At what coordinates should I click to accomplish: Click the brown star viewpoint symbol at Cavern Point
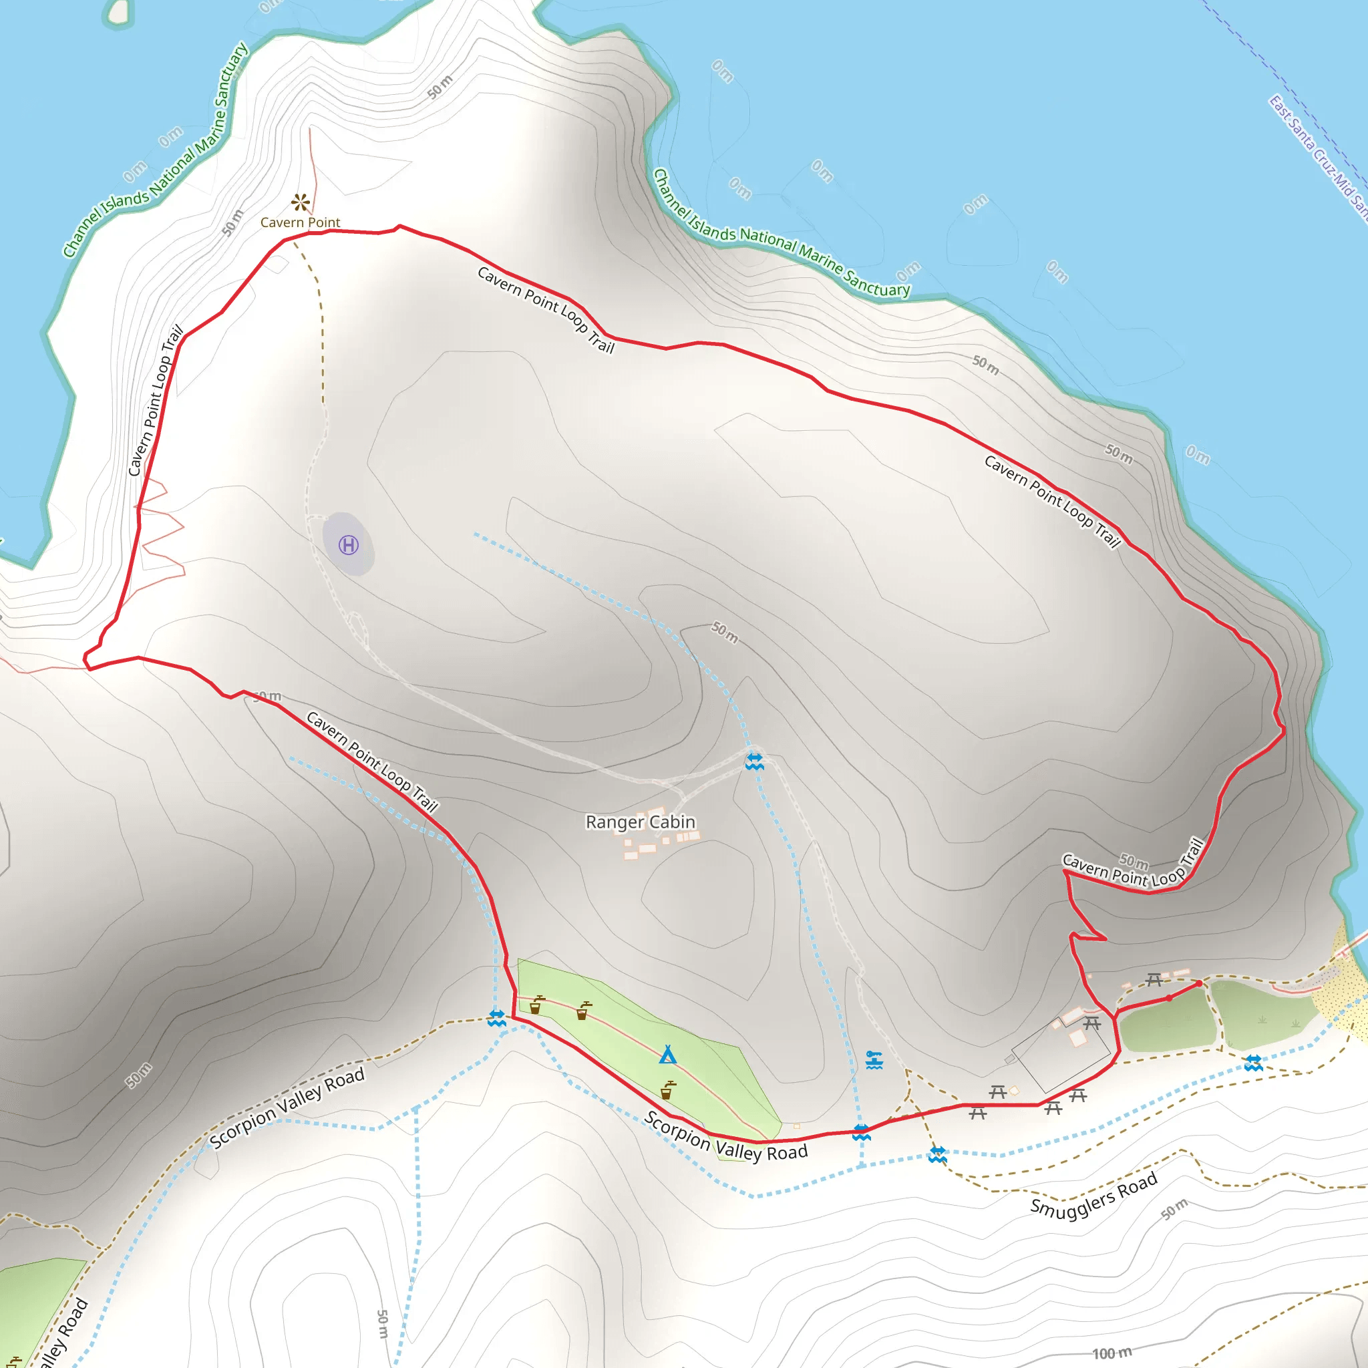[x=300, y=202]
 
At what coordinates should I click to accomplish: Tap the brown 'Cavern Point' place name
[x=300, y=222]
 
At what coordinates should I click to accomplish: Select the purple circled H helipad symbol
[x=349, y=544]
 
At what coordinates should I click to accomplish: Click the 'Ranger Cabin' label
[x=640, y=822]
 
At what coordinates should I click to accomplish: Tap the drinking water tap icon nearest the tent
[x=667, y=1089]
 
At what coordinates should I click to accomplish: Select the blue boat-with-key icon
[x=874, y=1060]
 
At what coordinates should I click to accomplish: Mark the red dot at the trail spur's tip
[x=1199, y=983]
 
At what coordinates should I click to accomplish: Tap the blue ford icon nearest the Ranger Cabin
[x=754, y=761]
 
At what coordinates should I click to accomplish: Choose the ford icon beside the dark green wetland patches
[x=1253, y=1063]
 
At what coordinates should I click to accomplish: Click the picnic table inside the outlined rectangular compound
[x=1092, y=1023]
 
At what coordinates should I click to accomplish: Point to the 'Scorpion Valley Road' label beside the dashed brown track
[x=287, y=1108]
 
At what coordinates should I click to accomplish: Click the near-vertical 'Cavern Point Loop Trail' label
[x=155, y=401]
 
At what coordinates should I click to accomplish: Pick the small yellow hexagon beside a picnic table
[x=1015, y=1090]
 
